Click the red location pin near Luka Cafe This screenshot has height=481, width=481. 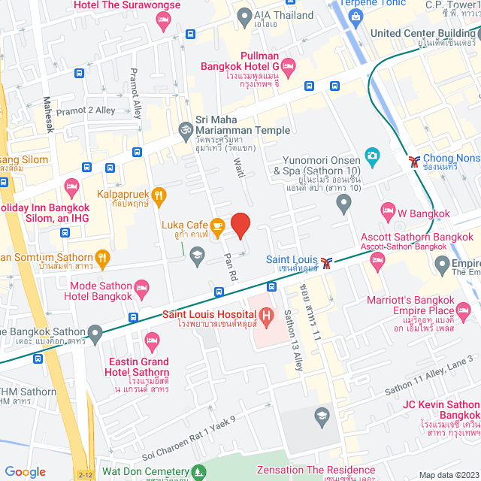[x=240, y=225]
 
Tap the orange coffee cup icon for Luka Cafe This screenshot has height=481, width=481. [x=216, y=225]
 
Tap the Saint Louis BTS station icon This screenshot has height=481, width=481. [x=325, y=262]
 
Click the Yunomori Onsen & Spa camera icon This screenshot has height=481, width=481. [x=371, y=156]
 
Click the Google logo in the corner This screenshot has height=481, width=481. [x=26, y=471]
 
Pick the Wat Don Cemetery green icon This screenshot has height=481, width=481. [x=198, y=473]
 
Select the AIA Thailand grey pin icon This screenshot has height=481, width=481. [x=244, y=15]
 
